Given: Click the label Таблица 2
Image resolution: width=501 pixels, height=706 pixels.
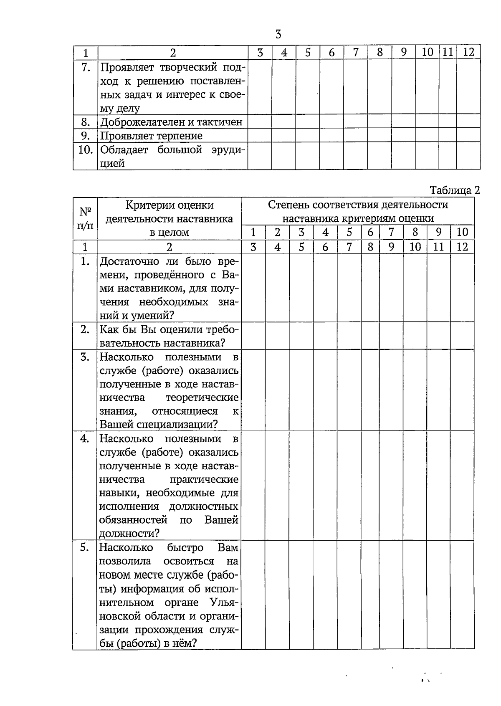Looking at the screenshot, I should click(x=455, y=190).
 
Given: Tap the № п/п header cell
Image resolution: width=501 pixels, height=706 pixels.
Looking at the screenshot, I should click(x=85, y=218).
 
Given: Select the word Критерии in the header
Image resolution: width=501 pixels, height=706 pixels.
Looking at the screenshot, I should click(x=144, y=205).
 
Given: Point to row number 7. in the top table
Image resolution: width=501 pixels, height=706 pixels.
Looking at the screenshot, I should click(x=85, y=67).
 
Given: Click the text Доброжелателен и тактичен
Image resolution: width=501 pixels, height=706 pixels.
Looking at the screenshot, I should click(x=172, y=122).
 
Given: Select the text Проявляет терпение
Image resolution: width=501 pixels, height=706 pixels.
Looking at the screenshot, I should click(x=151, y=136).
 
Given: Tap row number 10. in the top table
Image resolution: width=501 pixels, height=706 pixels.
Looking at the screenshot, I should click(x=85, y=150).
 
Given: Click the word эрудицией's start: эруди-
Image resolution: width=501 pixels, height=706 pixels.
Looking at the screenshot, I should click(x=225, y=150).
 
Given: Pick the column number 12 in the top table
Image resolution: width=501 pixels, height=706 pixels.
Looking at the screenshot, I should click(x=468, y=53).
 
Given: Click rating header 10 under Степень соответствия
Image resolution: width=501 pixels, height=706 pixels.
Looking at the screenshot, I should click(x=462, y=233).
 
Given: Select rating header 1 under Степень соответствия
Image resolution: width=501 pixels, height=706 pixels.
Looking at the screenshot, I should click(x=253, y=233).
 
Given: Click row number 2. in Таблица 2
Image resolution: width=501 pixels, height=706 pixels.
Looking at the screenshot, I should click(x=85, y=329).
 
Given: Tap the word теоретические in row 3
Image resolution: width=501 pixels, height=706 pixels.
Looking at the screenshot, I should click(x=202, y=397).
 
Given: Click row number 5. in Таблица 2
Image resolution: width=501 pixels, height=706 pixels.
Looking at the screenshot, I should click(x=85, y=547).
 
